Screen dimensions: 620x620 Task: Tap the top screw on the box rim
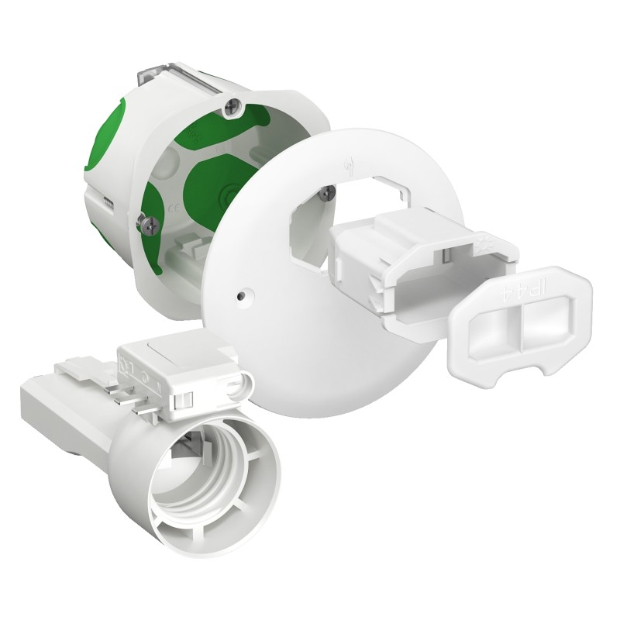[229, 108]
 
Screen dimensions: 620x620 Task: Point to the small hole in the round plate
[243, 295]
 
